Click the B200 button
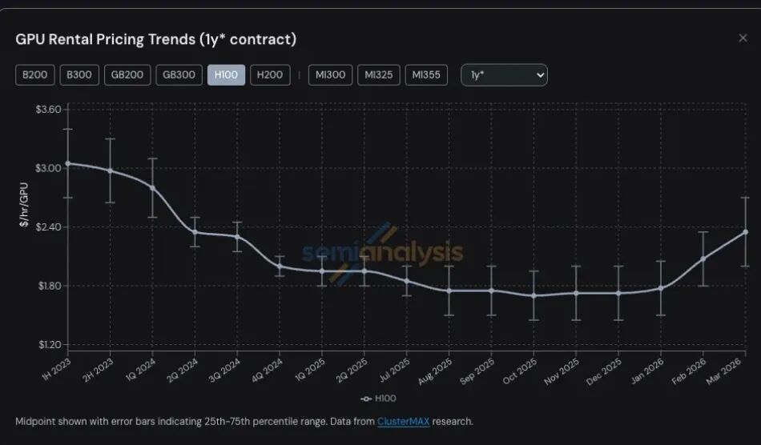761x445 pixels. (34, 75)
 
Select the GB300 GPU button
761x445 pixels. (179, 75)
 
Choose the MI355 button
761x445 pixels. (426, 75)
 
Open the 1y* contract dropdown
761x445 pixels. (504, 75)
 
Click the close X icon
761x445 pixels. (743, 38)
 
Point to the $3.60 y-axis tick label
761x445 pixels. (48, 109)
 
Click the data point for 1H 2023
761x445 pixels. (68, 163)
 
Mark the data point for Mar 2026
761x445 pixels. (745, 232)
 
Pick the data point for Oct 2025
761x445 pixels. (534, 295)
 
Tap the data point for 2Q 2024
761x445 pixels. (195, 232)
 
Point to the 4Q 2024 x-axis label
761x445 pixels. (268, 370)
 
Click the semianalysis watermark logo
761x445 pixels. (382, 254)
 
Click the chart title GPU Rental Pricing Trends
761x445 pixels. (155, 39)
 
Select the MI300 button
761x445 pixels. (331, 75)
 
